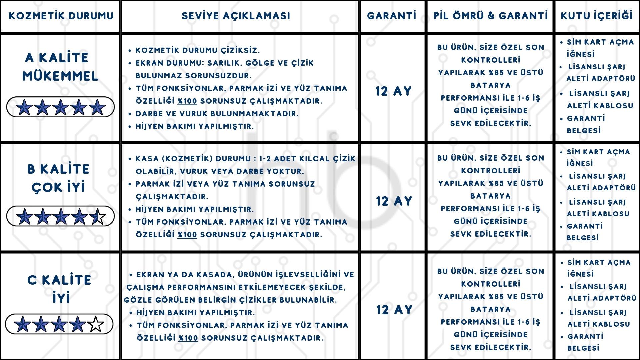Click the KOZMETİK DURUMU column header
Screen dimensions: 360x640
pos(61,16)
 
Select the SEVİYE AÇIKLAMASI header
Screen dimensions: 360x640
pos(236,16)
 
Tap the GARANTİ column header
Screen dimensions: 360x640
pos(392,16)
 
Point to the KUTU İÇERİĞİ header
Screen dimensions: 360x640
pos(597,16)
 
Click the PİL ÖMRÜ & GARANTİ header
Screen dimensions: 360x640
pos(490,16)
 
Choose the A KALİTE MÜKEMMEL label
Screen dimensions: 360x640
pos(60,67)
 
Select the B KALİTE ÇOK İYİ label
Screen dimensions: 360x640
pos(59,178)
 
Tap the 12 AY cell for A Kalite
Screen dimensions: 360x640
pos(393,91)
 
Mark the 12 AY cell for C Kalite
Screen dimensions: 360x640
pos(394,310)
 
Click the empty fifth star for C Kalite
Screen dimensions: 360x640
pos(96,324)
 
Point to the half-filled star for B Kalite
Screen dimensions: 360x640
pos(97,217)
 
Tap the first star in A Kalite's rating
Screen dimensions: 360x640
pos(25,107)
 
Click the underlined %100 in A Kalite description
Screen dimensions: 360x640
pos(187,101)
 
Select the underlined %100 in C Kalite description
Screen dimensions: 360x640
pos(188,338)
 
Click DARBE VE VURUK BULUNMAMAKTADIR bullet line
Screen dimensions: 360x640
pos(217,114)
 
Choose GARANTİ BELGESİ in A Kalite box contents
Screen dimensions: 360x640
pos(586,124)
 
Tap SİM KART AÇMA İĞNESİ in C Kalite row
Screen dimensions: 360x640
pos(599,268)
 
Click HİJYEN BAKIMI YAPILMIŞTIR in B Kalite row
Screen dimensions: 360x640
pos(195,209)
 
